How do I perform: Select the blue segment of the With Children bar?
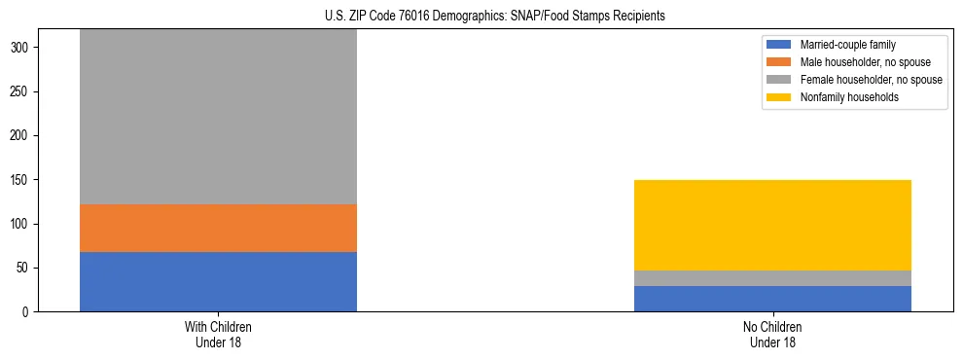point(218,281)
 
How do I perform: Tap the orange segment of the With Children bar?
point(218,228)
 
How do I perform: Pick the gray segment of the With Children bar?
point(218,117)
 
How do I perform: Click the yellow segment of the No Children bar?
point(772,225)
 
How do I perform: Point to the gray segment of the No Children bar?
point(772,278)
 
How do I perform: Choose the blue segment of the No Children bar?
point(772,299)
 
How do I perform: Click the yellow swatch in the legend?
point(779,97)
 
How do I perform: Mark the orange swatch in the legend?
point(779,62)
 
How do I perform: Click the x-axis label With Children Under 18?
point(218,335)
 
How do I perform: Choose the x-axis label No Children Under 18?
point(772,335)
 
